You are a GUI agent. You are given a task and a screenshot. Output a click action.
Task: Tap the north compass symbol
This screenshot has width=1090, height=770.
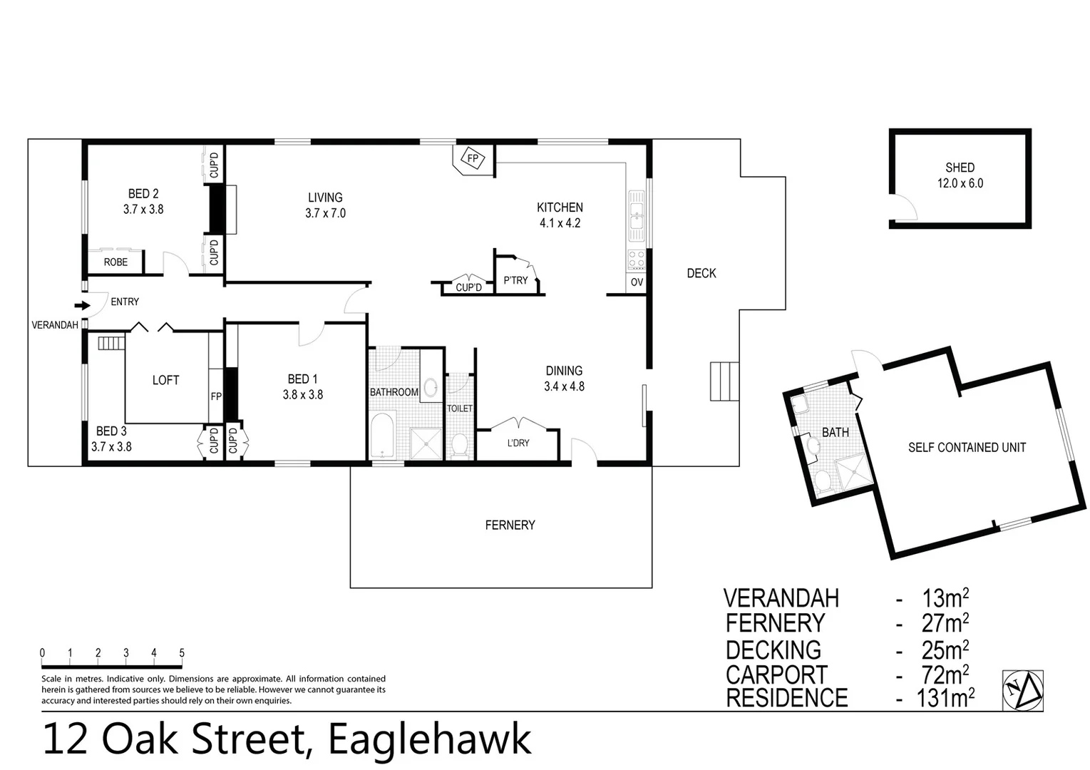(x=1022, y=690)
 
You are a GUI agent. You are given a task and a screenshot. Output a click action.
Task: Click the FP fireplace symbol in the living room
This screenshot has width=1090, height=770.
(x=472, y=158)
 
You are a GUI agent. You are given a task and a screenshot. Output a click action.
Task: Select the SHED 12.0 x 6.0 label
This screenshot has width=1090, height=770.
(x=960, y=175)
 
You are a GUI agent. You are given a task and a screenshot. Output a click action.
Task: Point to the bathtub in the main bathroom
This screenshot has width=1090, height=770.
(x=384, y=436)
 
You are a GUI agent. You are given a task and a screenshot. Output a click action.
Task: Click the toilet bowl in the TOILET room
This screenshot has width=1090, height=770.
(x=460, y=445)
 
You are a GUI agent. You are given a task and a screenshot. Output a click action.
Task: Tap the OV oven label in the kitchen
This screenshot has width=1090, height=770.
(x=637, y=282)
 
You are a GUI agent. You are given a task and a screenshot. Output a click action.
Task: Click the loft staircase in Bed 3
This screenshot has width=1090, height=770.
(x=111, y=343)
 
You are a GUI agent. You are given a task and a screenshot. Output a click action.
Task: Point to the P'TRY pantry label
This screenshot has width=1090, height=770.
(x=515, y=280)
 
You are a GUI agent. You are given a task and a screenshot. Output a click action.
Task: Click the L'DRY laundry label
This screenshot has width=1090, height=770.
(x=518, y=443)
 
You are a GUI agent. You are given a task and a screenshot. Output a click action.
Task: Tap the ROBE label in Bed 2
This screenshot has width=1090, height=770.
(x=115, y=262)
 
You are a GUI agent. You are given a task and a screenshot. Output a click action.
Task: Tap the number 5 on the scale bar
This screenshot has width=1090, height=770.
(x=182, y=653)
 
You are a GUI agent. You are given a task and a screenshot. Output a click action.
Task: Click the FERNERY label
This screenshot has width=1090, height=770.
(x=510, y=525)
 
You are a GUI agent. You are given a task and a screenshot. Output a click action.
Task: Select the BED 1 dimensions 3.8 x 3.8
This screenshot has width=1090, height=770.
(x=303, y=394)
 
